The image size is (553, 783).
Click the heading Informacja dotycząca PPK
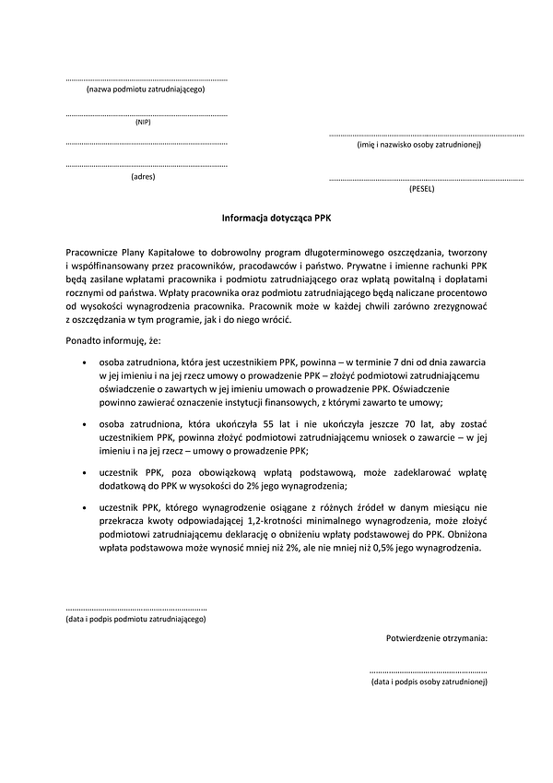tap(276, 219)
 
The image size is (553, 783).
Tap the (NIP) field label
tap(143, 122)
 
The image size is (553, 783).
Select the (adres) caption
tap(143, 176)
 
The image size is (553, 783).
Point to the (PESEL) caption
tap(421, 189)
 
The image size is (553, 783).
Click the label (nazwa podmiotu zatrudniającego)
tap(146, 89)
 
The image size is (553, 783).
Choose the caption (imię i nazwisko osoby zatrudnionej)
tap(419, 145)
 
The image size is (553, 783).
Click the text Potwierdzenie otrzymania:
tap(436, 637)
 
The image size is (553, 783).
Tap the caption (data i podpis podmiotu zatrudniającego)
tap(135, 620)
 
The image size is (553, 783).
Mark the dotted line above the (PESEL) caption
tap(426, 179)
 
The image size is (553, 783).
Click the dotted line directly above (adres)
tap(147, 166)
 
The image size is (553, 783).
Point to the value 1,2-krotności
tap(275, 520)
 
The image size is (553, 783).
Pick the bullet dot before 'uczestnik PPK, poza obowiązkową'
tap(86, 471)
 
